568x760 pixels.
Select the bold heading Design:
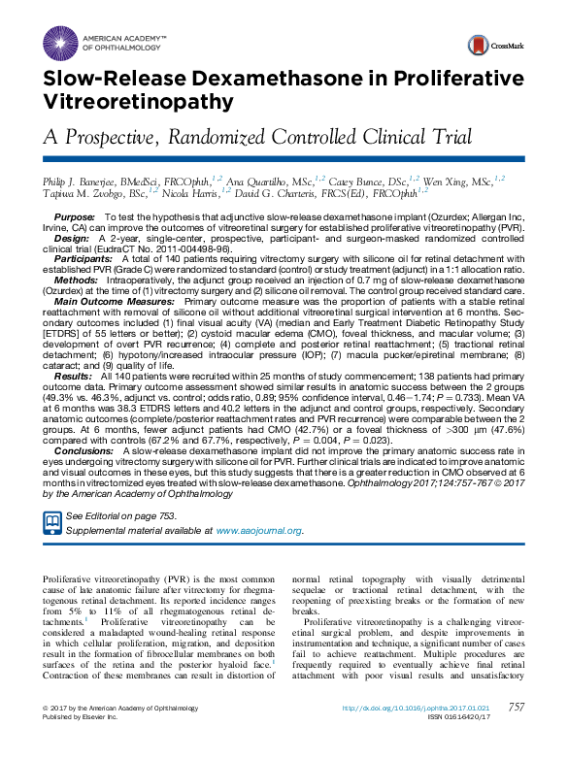[x=72, y=237]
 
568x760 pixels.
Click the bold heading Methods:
[x=77, y=279]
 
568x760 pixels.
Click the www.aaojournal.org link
[x=258, y=531]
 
